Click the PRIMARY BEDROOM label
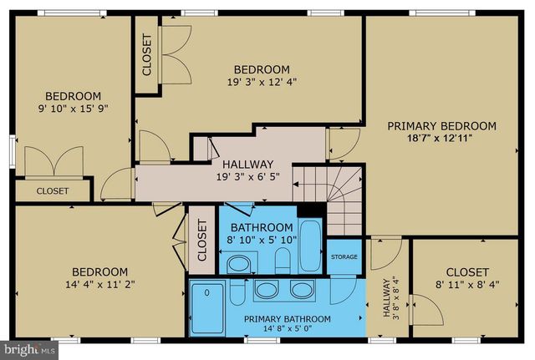(x=441, y=126)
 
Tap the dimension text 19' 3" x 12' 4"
(x=261, y=82)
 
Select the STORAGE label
(x=344, y=257)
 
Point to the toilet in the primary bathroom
(x=237, y=290)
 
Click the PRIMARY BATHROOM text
(x=287, y=319)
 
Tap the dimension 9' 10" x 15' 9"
(x=73, y=109)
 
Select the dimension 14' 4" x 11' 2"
(x=99, y=284)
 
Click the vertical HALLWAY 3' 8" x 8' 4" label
(x=390, y=298)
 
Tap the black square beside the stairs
(x=311, y=211)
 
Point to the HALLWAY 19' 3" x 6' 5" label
(x=247, y=170)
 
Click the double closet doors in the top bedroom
(x=176, y=56)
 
